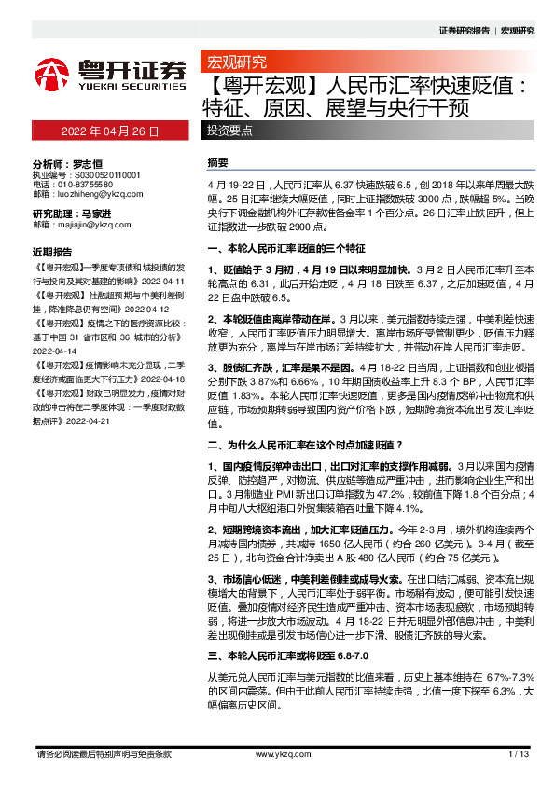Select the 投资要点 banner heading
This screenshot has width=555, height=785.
(x=229, y=131)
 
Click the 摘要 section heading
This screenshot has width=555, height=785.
(x=217, y=162)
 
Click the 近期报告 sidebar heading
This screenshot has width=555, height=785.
(x=51, y=252)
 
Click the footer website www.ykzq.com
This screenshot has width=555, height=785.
(x=277, y=753)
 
